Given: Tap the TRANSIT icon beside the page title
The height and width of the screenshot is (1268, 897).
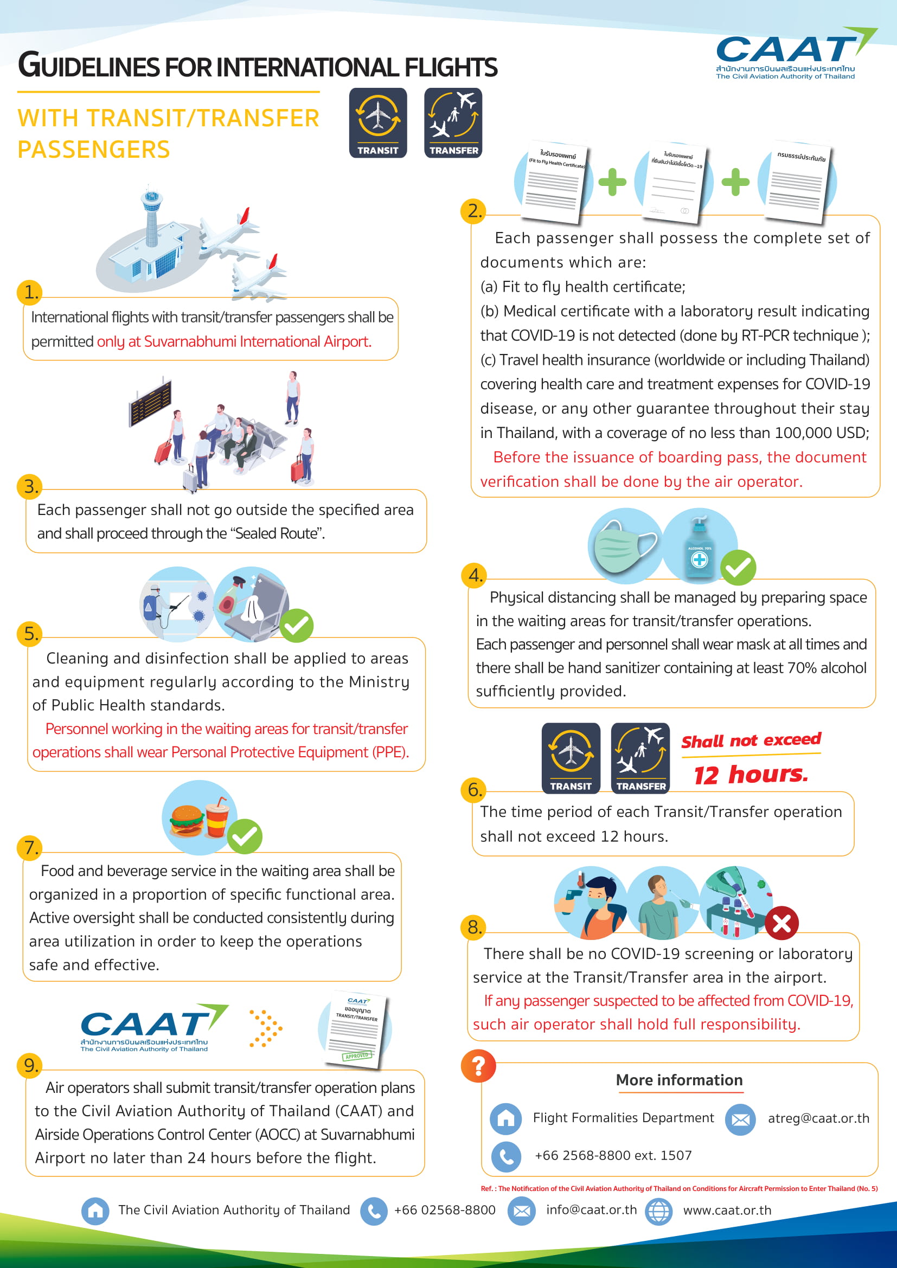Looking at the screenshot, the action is click(x=378, y=123).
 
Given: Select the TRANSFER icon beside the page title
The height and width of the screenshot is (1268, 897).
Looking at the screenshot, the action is click(x=453, y=123).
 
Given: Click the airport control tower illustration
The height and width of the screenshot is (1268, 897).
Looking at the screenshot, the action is click(x=151, y=221).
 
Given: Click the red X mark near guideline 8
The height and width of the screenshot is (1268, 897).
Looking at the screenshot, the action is click(x=781, y=923).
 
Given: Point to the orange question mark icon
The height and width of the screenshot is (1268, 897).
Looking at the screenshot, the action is click(x=478, y=1065).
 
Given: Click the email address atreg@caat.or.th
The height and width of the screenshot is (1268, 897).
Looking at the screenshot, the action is click(x=818, y=1118).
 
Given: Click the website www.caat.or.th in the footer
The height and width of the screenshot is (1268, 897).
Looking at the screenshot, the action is click(x=727, y=1210).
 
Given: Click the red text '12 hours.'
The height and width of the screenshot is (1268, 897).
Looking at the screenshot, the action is click(x=751, y=774).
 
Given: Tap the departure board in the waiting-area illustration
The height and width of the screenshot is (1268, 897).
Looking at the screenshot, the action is click(x=150, y=402).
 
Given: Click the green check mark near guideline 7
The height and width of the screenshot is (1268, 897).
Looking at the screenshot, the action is click(x=245, y=836).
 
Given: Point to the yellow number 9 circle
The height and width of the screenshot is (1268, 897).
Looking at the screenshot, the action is click(x=30, y=1065).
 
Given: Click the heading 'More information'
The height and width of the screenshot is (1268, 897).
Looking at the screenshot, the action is click(x=679, y=1080).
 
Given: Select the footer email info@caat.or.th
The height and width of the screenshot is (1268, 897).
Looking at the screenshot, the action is click(x=591, y=1210).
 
